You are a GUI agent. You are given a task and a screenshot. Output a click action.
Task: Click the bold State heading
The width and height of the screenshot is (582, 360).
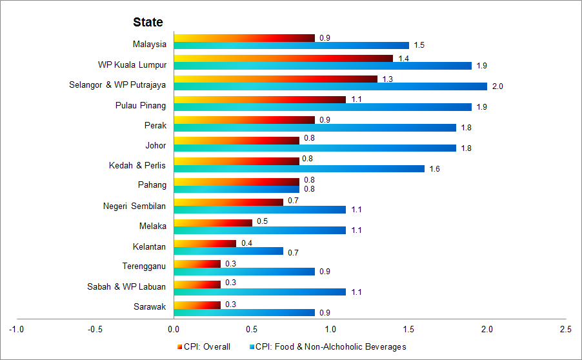pos(148,22)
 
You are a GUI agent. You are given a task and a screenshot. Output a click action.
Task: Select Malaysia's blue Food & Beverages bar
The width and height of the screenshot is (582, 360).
pos(291,45)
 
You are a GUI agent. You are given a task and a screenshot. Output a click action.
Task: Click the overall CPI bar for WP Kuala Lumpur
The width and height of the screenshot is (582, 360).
pos(283,58)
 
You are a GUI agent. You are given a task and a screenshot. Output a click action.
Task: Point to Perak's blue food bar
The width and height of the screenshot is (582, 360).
pos(315,127)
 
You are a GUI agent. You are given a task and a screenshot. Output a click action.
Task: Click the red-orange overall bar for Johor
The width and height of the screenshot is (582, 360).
pos(236,140)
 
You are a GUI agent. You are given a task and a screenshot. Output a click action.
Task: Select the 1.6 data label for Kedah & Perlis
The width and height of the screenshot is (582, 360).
pos(435,168)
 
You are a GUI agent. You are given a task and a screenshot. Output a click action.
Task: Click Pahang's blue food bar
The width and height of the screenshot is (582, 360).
pos(236,189)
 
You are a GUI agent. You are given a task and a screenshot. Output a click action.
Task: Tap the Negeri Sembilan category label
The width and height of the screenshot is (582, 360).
pos(134,206)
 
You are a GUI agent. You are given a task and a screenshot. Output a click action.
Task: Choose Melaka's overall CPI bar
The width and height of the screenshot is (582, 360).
pos(212,223)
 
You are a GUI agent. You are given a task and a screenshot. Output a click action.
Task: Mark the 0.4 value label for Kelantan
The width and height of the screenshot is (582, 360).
pos(246,243)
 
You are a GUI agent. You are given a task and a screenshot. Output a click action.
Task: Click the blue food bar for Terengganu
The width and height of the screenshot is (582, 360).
pos(244,272)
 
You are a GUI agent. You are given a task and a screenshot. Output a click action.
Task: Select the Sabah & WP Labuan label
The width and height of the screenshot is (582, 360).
pos(126,286)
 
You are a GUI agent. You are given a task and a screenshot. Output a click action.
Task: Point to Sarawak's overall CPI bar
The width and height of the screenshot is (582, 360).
pos(197,305)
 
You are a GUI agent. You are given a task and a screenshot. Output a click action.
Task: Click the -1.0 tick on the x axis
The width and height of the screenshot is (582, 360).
pos(16,329)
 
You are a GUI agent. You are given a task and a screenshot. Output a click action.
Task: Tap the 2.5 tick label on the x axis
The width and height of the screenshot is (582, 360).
pos(565,329)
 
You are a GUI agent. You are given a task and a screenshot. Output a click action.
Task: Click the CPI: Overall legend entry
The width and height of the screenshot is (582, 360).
pos(203,347)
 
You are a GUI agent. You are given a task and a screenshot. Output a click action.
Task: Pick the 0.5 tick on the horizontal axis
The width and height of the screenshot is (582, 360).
pos(252,329)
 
